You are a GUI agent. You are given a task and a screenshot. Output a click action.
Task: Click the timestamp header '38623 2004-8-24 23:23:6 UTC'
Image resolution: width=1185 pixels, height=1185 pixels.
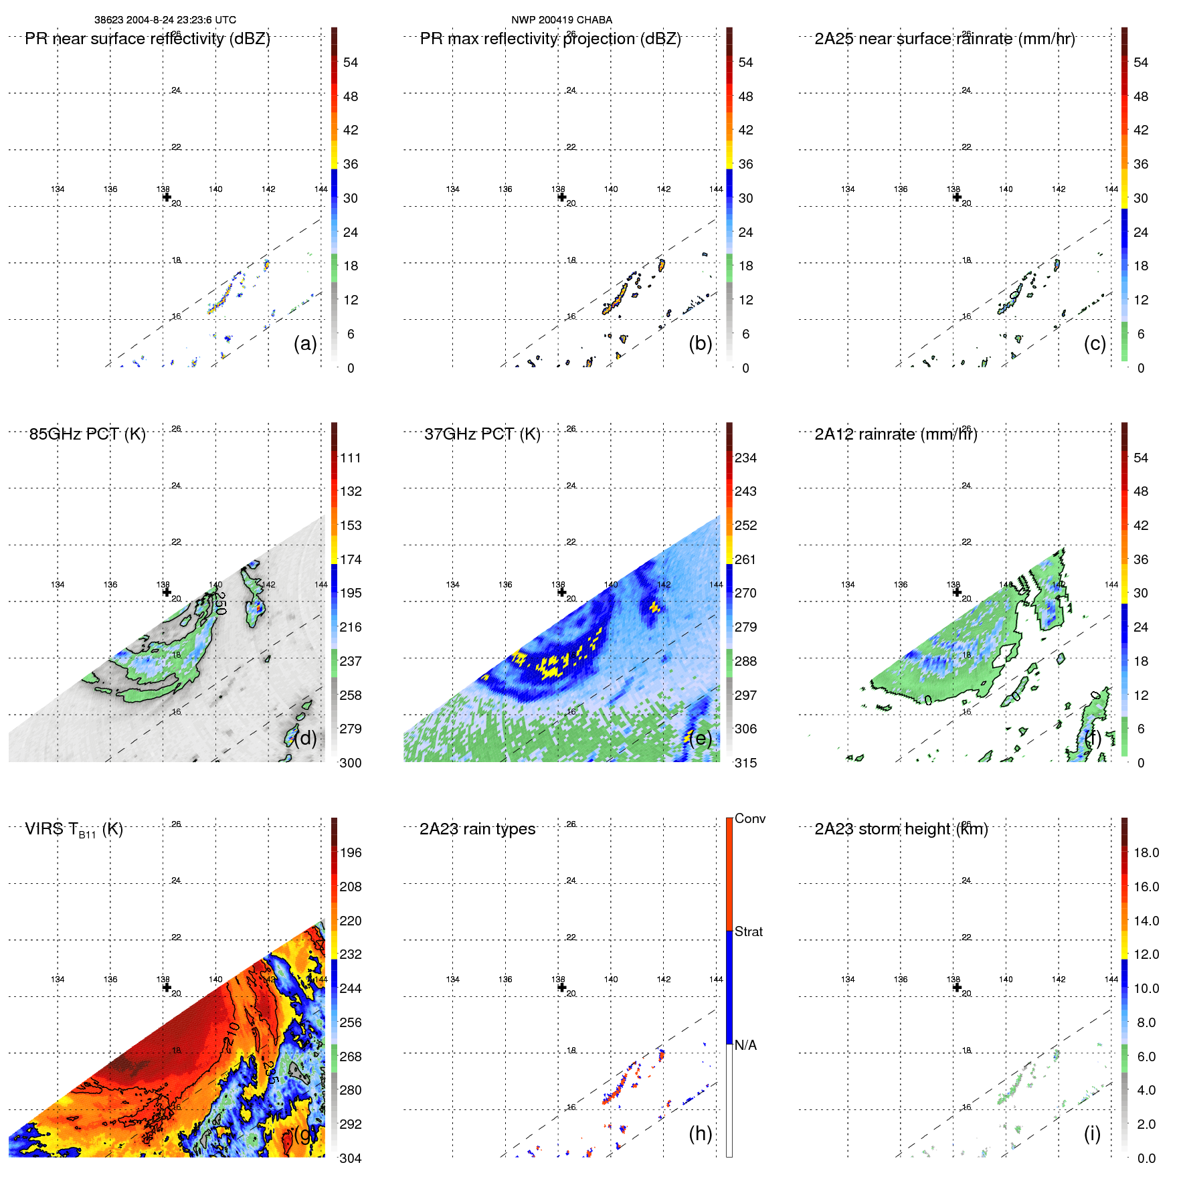pyautogui.click(x=165, y=20)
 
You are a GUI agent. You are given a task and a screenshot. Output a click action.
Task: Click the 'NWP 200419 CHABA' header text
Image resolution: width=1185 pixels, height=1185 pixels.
pyautogui.click(x=561, y=20)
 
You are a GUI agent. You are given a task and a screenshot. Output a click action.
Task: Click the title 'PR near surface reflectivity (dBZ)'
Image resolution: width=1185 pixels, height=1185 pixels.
pyautogui.click(x=147, y=39)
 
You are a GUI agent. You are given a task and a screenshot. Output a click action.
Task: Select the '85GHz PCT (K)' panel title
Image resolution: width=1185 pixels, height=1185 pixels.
pyautogui.click(x=87, y=434)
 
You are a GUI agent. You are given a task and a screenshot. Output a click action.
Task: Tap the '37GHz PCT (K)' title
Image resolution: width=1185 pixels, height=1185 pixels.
pyautogui.click(x=482, y=434)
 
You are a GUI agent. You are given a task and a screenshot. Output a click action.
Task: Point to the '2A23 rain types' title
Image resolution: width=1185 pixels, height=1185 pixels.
pyautogui.click(x=477, y=829)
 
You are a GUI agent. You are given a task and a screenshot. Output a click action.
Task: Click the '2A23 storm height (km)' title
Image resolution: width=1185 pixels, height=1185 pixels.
pyautogui.click(x=901, y=829)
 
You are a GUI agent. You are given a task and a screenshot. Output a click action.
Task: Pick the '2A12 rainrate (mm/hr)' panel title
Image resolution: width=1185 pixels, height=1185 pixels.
pyautogui.click(x=895, y=434)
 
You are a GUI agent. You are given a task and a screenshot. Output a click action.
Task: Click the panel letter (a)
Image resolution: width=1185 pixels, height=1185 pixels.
pyautogui.click(x=305, y=343)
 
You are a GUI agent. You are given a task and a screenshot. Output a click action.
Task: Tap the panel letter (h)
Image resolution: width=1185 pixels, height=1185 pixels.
pyautogui.click(x=700, y=1133)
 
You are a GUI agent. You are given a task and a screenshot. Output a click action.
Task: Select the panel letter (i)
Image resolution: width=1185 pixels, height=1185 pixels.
pyautogui.click(x=1092, y=1133)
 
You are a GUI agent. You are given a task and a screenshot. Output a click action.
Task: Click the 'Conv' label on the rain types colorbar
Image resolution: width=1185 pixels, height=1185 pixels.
pyautogui.click(x=749, y=818)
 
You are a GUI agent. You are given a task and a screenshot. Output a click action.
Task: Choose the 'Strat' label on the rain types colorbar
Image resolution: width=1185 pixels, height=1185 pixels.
pyautogui.click(x=748, y=931)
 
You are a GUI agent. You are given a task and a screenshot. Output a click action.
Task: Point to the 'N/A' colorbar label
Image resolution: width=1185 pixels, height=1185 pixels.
pyautogui.click(x=745, y=1045)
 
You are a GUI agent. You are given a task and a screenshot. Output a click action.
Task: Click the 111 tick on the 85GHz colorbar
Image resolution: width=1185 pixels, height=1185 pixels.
pyautogui.click(x=350, y=458)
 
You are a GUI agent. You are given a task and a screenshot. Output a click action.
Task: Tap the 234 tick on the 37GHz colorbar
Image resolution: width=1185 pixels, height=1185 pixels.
pyautogui.click(x=745, y=458)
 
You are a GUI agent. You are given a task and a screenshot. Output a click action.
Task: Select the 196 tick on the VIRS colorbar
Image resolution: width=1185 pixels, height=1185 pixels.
pyautogui.click(x=350, y=852)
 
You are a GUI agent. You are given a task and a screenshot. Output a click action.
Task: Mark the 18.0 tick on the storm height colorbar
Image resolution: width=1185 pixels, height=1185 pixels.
pyautogui.click(x=1146, y=852)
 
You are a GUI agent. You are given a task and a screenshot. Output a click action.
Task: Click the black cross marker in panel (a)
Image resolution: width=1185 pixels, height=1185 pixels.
pyautogui.click(x=167, y=197)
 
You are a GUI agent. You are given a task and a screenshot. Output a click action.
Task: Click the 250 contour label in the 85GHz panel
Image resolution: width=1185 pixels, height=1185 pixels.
pyautogui.click(x=221, y=603)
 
